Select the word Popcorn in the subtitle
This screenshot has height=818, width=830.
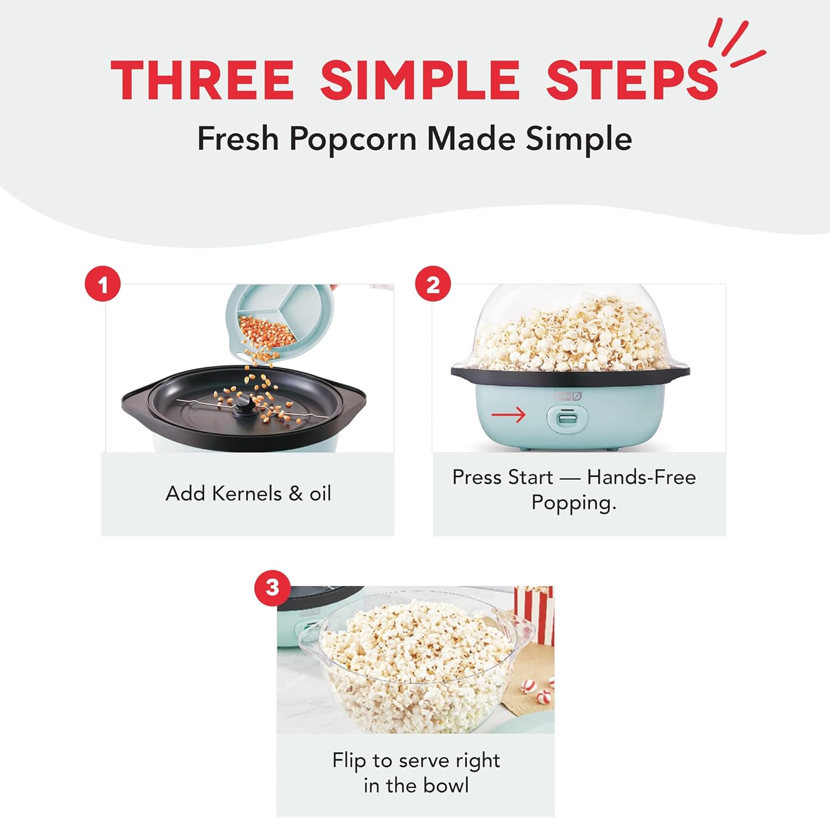(x=352, y=138)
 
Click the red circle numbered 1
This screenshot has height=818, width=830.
(x=103, y=285)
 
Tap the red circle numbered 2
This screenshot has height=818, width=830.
(x=433, y=285)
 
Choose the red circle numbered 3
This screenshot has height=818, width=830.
(x=272, y=588)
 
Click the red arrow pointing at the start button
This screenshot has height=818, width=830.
(x=508, y=415)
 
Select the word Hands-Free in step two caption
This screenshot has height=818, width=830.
(x=641, y=477)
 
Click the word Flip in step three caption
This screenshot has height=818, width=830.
(x=349, y=761)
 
